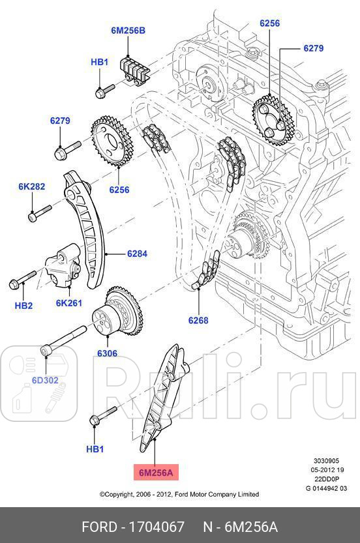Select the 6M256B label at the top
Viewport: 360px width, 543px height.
(x=127, y=31)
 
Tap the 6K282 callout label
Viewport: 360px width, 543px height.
(x=31, y=186)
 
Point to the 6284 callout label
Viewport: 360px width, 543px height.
(x=138, y=253)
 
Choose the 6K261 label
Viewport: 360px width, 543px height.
(x=68, y=302)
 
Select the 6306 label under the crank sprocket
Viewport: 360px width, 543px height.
(x=107, y=354)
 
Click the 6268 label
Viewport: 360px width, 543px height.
(x=198, y=320)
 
